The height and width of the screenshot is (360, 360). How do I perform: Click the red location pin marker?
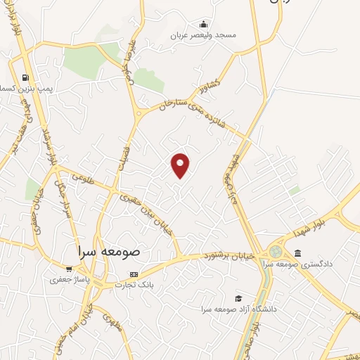(181, 165)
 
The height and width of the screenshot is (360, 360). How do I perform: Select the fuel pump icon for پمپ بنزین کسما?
(26, 78)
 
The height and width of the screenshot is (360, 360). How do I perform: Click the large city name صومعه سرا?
(110, 250)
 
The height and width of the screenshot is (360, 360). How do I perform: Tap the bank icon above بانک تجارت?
(134, 274)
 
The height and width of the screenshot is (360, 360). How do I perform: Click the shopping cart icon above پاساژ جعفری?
(69, 269)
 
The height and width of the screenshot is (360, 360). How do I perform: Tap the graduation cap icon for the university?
(238, 299)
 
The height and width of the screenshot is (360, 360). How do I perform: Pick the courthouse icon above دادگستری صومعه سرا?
(297, 253)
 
